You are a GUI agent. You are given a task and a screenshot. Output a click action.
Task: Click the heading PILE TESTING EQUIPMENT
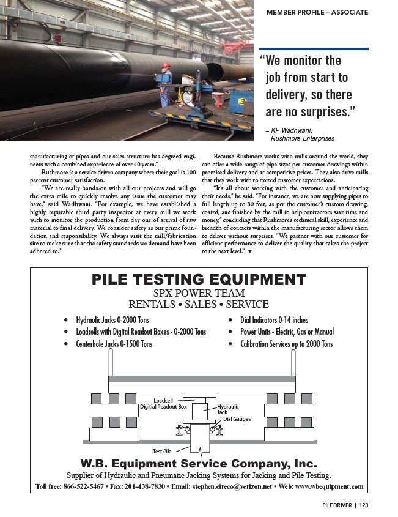coord(198,280)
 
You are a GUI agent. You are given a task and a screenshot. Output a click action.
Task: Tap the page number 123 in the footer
coord(364,505)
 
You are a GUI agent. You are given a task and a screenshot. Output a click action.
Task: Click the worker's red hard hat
coord(166,65)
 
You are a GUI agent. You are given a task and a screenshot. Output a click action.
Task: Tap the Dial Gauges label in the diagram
coord(237,419)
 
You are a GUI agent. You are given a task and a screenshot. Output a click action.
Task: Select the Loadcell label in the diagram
coord(164,400)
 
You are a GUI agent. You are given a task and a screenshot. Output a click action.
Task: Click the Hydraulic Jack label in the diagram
coord(228,409)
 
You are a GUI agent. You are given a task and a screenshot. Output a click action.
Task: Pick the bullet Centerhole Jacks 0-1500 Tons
coord(114,344)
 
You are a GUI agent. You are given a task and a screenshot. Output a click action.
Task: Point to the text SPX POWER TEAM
coord(198,292)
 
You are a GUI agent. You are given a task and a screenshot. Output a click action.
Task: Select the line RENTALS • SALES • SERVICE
coord(198,304)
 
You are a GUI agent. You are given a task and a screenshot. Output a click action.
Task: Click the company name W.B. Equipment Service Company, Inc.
coord(198,463)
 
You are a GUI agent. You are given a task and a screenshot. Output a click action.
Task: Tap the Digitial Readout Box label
coord(163,407)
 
